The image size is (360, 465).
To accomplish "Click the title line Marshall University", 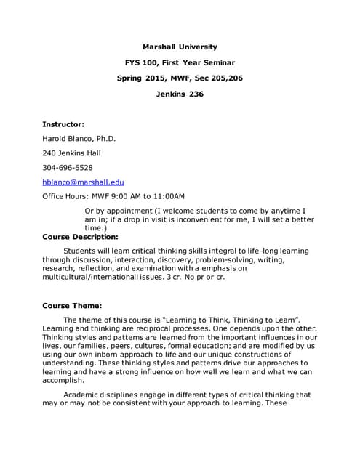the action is tap(180, 47).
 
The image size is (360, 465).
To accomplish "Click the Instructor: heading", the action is tap(63, 124).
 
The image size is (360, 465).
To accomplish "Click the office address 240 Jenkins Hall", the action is tap(71, 153).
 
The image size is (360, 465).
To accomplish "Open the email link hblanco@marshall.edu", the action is tap(83, 182).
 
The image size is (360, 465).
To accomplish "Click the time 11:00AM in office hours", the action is tap(165, 196).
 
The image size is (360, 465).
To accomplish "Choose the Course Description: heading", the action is tap(80, 236).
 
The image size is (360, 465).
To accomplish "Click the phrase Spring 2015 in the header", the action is tap(142, 78).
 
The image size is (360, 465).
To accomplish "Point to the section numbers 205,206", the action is tap(224, 78).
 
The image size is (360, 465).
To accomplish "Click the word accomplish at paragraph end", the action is tap(63, 379).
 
